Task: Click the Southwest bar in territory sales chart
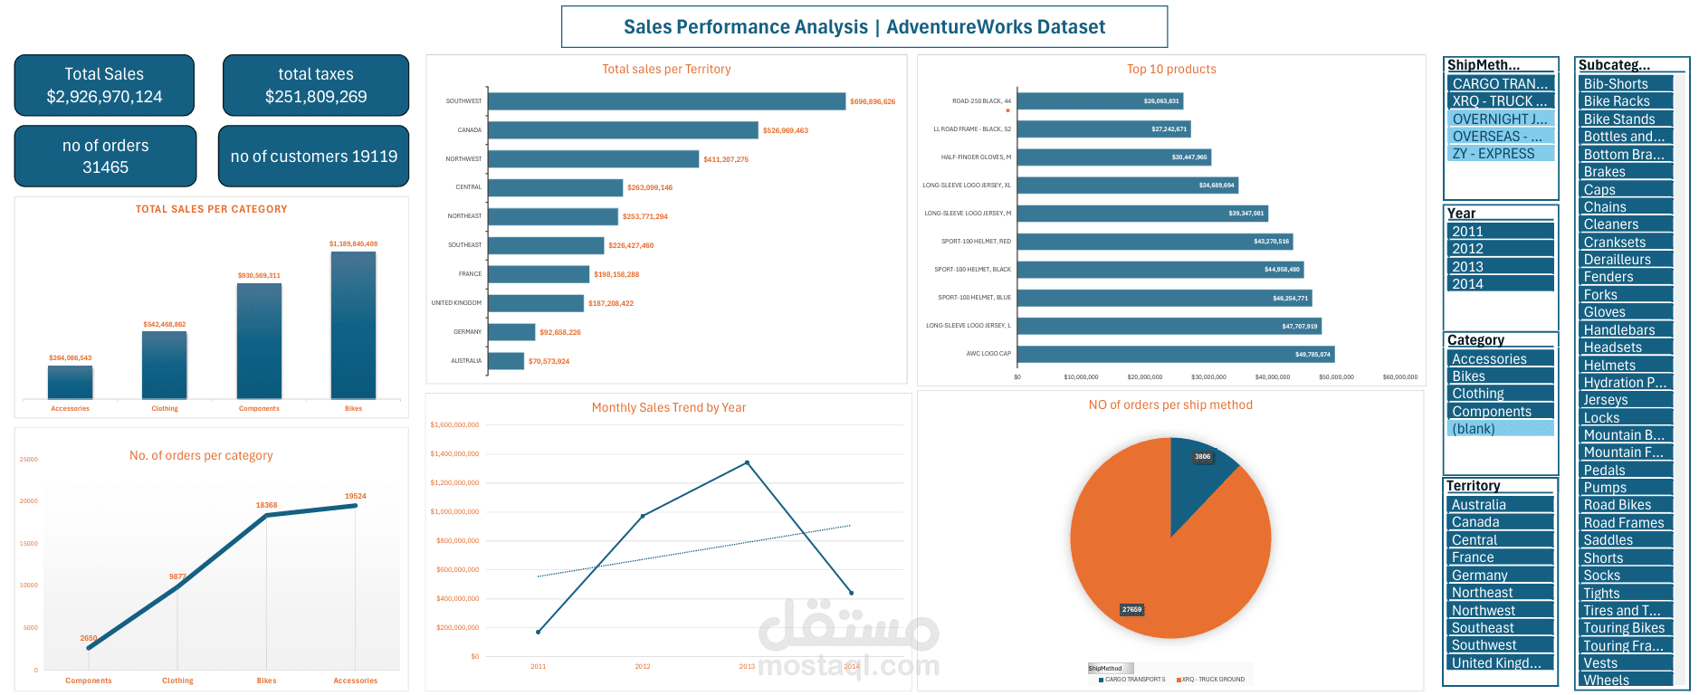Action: coord(667,101)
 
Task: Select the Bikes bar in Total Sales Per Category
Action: coord(353,326)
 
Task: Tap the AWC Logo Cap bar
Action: coord(1175,354)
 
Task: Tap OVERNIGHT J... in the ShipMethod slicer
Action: coord(1501,119)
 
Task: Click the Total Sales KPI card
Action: coord(104,85)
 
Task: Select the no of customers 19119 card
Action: coord(313,157)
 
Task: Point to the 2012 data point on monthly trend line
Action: coord(643,516)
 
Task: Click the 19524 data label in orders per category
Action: coord(355,496)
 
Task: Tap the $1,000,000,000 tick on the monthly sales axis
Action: coord(454,512)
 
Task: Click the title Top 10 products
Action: coord(1171,70)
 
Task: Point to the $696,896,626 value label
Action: coord(873,101)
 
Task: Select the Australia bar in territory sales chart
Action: coord(506,361)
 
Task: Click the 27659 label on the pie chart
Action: coord(1131,610)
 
